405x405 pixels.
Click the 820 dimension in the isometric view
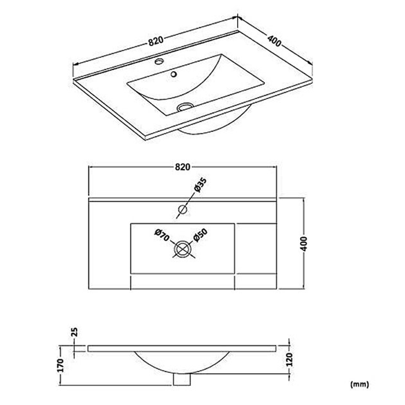tap(156, 41)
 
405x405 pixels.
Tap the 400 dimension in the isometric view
tap(274, 41)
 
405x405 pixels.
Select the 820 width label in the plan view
tap(183, 167)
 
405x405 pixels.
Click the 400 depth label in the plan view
tap(304, 244)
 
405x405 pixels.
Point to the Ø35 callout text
tap(200, 185)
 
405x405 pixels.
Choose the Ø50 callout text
tap(200, 235)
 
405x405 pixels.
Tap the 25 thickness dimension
tap(74, 332)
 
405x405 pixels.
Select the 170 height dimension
tap(60, 365)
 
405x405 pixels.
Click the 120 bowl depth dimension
tap(289, 359)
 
